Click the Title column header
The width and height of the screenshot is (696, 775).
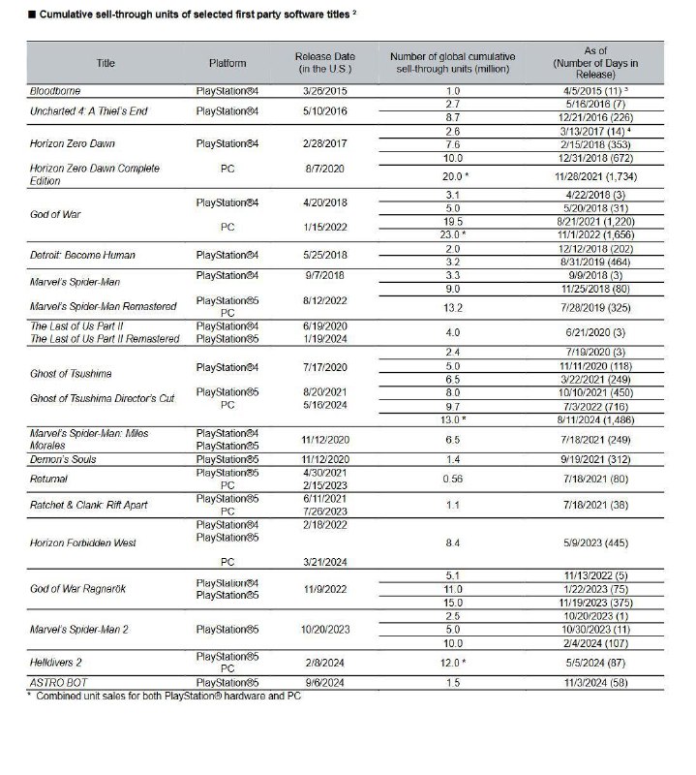105,63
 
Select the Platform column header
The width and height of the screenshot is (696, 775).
227,63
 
